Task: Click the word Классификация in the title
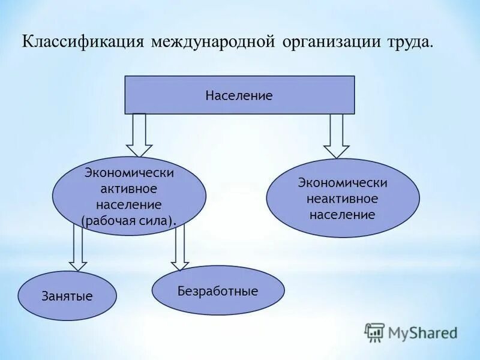tap(84, 43)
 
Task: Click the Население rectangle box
tap(239, 95)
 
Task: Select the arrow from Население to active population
tap(139, 135)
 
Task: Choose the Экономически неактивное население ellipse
tap(343, 198)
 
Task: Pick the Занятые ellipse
tap(67, 296)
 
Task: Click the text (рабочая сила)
tap(130, 220)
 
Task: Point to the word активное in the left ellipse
tap(129, 189)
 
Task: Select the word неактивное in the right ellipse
tap(343, 198)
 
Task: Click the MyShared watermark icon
tap(374, 332)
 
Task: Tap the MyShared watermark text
tap(422, 332)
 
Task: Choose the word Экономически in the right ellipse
tap(343, 182)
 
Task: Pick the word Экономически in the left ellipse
tap(129, 173)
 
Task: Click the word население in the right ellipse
tap(343, 214)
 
